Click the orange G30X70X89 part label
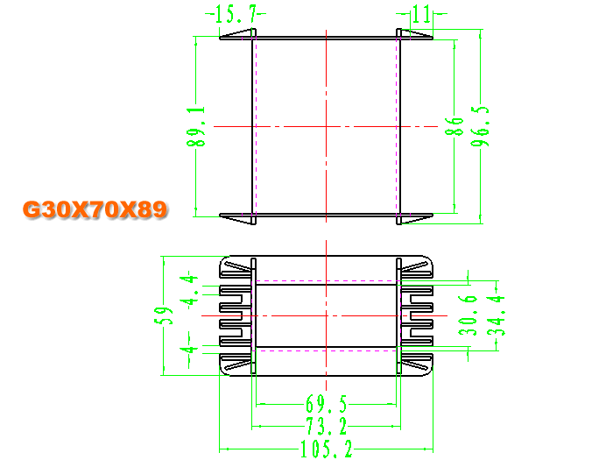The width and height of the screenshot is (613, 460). [x=95, y=209]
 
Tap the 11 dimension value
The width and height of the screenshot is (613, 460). [x=421, y=14]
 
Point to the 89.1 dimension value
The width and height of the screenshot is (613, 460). [x=196, y=126]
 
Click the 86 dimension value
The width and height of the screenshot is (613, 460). [x=454, y=126]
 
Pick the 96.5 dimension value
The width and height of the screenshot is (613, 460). [x=480, y=126]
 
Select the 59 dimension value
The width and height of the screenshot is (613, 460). [x=164, y=315]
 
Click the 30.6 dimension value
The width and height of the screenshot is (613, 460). [x=468, y=315]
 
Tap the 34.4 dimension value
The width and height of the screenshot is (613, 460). [x=497, y=315]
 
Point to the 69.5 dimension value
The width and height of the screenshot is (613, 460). [x=327, y=404]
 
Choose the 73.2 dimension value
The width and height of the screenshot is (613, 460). [x=327, y=426]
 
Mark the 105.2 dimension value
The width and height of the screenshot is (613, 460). [x=327, y=449]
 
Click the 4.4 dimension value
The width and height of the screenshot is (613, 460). [x=189, y=290]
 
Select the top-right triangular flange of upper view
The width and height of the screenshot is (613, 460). [x=415, y=34]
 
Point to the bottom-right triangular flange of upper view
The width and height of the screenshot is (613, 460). [x=415, y=218]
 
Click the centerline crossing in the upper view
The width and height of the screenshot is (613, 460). [x=327, y=126]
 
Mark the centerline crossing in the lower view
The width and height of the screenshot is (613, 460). [x=327, y=315]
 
